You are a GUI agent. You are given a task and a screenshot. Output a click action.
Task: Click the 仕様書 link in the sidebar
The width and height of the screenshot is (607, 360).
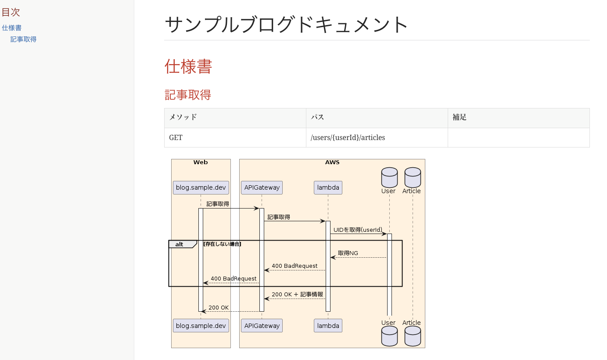tap(12, 28)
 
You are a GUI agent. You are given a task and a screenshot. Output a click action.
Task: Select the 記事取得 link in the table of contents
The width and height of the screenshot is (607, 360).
tap(23, 39)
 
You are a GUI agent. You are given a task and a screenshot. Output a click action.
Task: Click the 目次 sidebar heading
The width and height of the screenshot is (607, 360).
tap(11, 12)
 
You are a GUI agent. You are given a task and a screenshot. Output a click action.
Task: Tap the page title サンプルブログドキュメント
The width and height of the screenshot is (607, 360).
tap(287, 25)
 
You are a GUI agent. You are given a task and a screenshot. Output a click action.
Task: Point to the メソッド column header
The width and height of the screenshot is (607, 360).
tap(183, 117)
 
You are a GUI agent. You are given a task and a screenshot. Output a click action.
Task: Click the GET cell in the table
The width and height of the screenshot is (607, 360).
tap(176, 137)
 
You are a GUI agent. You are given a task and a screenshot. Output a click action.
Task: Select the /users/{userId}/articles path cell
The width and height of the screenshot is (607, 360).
tap(348, 137)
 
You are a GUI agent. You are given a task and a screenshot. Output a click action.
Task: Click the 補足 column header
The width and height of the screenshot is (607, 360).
tap(460, 117)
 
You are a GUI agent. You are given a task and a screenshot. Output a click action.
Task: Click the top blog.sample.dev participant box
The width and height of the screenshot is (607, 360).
tap(201, 187)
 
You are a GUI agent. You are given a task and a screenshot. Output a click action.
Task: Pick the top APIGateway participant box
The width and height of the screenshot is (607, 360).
tap(262, 187)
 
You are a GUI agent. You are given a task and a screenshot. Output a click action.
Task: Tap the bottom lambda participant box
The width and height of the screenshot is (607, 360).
tap(328, 326)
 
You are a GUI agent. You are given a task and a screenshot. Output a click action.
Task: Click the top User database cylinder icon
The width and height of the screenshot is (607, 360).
tap(389, 177)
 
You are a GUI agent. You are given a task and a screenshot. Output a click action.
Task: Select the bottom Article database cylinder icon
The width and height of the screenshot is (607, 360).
tap(413, 336)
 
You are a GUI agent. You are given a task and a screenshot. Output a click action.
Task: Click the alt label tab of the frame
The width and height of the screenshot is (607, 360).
tap(180, 244)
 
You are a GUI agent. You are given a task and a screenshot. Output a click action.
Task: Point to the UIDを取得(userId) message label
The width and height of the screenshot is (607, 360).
tap(358, 230)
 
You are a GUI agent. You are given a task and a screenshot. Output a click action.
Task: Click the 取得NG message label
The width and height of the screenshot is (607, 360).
tap(348, 253)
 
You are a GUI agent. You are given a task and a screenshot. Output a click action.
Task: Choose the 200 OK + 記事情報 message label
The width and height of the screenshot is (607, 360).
tap(297, 294)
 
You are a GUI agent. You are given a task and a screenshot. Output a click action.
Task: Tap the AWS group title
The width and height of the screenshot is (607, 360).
tap(332, 162)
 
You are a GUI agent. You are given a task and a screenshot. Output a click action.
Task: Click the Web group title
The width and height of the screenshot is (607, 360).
tap(201, 162)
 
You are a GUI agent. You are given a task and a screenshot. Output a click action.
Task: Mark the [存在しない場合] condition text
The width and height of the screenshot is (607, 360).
tap(222, 244)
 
